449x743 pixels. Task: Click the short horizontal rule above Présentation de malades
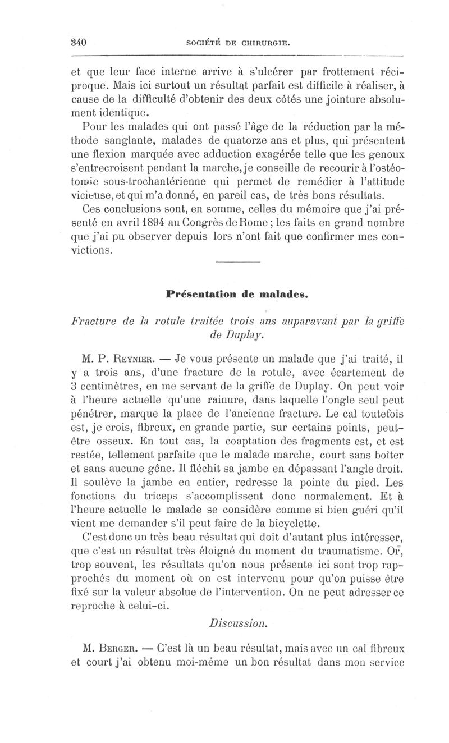[238, 262]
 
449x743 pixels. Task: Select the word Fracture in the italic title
[95, 321]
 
